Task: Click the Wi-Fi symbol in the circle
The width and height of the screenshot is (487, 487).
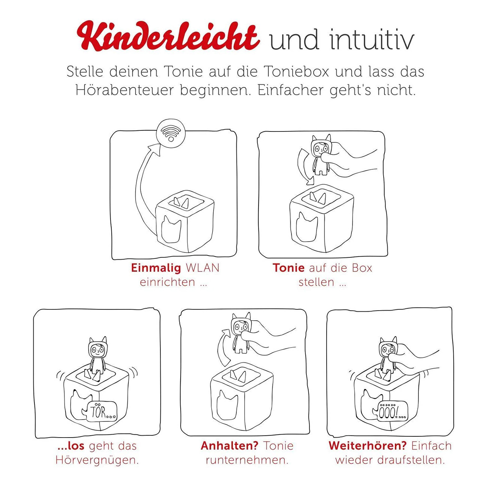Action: [171, 134]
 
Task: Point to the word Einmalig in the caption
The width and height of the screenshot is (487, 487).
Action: [156, 268]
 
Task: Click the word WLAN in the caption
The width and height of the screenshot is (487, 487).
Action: [202, 268]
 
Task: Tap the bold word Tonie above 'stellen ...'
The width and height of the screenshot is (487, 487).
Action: [288, 268]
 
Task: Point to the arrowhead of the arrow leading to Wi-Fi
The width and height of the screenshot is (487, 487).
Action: [155, 149]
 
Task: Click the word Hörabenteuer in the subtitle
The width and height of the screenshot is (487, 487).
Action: [125, 91]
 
